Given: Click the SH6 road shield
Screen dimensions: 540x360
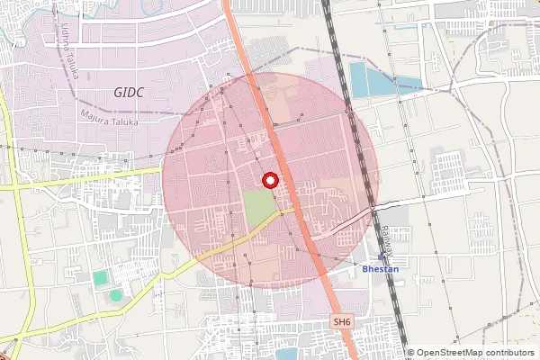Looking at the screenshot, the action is [342, 321].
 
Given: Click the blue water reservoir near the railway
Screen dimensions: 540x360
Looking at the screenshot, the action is [369, 81].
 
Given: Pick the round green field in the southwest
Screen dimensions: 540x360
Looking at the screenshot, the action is [116, 294].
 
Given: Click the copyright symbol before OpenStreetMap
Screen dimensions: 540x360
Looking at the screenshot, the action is [411, 353].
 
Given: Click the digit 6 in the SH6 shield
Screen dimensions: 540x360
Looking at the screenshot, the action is [348, 321].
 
